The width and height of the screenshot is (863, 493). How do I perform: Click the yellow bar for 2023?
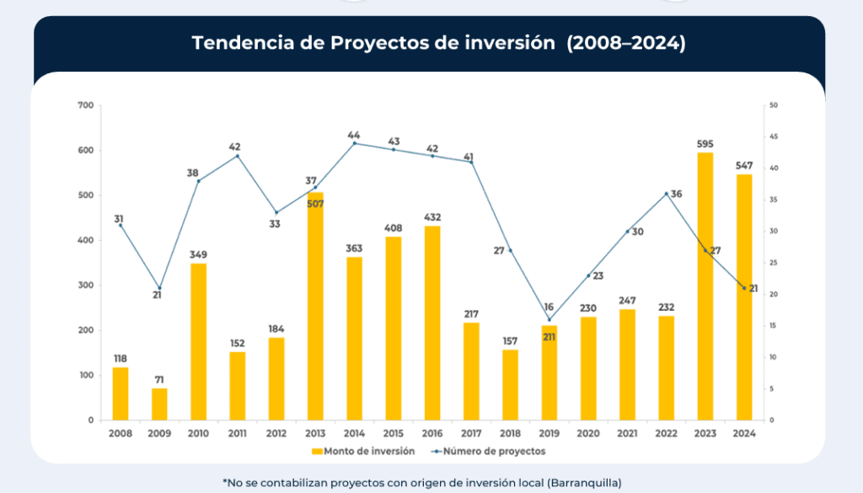pos(705,287)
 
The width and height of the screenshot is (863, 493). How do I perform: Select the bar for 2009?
pos(159,405)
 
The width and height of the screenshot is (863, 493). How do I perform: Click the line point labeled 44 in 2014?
pos(354,143)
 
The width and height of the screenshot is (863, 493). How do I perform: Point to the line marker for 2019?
pos(549,319)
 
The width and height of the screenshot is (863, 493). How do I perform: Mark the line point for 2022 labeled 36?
pos(666,194)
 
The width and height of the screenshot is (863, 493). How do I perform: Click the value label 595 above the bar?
pos(705,143)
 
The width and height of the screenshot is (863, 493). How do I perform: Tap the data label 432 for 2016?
pos(432,217)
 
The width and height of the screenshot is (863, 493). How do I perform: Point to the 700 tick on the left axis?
pos(85,105)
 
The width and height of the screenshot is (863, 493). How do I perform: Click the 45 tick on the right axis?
pos(773,137)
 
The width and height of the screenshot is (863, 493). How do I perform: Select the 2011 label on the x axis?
pos(238,433)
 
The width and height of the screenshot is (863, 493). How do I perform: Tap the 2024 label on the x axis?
pos(744,433)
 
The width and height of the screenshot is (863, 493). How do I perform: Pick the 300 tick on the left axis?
pos(85,286)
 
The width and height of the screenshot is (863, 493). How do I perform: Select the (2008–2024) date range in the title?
pos(626,43)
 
